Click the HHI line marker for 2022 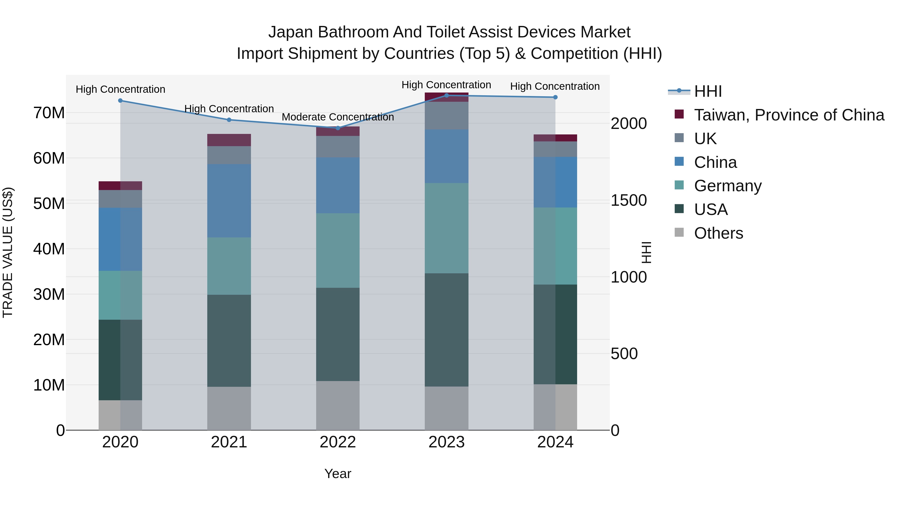pos(337,128)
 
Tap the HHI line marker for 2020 pos(120,100)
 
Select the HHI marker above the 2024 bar pos(555,97)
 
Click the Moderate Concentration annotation pos(337,117)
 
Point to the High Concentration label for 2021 pos(229,109)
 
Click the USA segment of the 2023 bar pos(446,329)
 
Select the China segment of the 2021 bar pos(229,201)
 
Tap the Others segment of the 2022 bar pos(337,405)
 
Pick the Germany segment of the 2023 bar pos(446,228)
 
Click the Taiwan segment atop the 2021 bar pos(229,140)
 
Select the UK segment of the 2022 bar pos(337,146)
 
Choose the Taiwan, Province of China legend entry pos(789,115)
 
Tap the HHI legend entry pos(708,91)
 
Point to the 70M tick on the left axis pos(49,113)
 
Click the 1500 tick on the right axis pos(629,201)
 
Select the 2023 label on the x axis pos(446,442)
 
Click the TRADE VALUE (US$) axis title pos(8,252)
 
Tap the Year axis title pos(337,474)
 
